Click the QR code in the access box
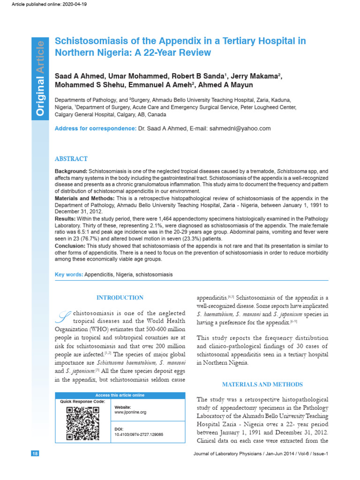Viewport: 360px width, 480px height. point(82,424)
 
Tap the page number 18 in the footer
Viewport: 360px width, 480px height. point(36,454)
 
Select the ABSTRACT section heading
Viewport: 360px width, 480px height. point(71,159)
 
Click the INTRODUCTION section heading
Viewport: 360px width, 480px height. point(120,298)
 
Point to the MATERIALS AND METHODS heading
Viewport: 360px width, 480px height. point(262,384)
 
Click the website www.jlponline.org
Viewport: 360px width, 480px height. point(130,412)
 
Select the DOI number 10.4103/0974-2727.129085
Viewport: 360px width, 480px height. point(139,435)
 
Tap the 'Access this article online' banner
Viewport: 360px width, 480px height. point(120,395)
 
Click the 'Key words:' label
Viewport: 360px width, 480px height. point(69,274)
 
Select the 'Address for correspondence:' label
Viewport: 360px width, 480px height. point(96,128)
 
